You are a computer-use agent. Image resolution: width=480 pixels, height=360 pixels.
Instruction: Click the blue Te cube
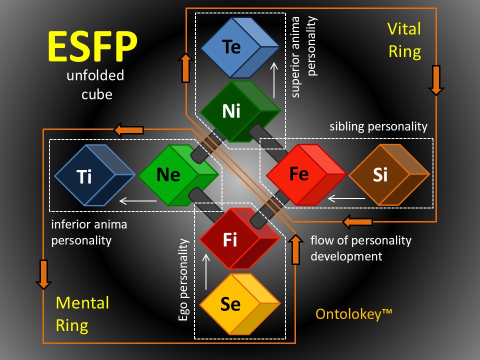240,47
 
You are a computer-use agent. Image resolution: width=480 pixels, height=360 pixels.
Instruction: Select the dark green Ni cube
240,111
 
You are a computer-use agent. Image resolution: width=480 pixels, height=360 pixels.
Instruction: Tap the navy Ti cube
95,175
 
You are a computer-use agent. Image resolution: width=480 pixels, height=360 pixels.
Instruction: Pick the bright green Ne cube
179,175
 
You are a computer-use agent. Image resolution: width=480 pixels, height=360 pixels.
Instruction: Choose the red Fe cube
306,174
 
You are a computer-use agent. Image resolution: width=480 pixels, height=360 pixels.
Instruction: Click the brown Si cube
389,174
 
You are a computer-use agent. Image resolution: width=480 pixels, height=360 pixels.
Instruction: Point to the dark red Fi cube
239,239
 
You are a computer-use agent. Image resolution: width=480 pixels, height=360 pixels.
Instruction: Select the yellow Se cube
240,304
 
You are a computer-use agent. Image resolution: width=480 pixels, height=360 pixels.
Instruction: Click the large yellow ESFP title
92,46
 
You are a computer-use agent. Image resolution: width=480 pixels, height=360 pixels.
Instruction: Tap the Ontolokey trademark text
354,314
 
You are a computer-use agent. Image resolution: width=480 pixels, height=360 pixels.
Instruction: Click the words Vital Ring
404,40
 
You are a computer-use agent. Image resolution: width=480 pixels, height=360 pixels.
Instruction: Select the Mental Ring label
82,314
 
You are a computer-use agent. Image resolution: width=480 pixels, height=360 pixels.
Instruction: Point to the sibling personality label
378,126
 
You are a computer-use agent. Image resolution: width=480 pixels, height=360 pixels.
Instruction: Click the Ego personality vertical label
183,279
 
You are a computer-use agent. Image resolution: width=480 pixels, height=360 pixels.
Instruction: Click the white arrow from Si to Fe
346,198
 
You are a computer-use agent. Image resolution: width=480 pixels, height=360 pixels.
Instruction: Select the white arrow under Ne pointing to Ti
138,201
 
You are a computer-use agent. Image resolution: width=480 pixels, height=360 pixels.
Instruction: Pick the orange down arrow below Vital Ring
436,80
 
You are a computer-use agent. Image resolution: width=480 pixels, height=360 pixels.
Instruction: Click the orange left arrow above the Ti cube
128,130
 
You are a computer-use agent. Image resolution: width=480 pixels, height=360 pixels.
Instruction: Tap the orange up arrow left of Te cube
185,67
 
